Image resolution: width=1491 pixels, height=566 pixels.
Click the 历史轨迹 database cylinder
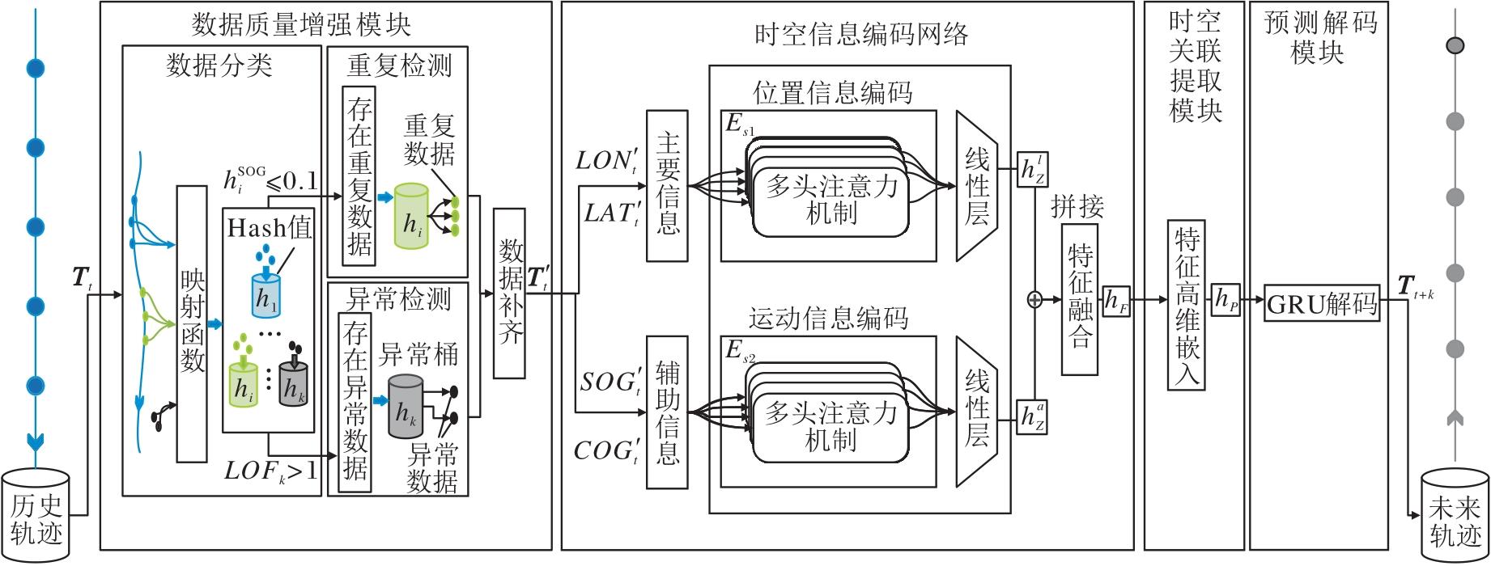[x=36, y=514]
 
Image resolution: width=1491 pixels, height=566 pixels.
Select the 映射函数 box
[x=192, y=323]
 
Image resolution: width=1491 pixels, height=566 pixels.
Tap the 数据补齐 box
[x=510, y=293]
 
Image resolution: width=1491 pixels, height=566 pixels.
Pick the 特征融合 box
[x=1080, y=299]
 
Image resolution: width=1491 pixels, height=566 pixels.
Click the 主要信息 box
[x=667, y=186]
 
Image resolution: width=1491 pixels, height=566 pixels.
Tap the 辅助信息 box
[x=667, y=412]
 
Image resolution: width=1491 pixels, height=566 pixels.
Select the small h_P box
[x=1226, y=300]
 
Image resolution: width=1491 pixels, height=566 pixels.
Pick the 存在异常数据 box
[x=355, y=402]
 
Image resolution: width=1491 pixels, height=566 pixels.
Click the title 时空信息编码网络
[x=861, y=34]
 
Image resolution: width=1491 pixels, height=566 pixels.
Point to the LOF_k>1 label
[x=270, y=471]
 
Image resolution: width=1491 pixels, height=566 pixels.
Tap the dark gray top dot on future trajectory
[x=1455, y=46]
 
